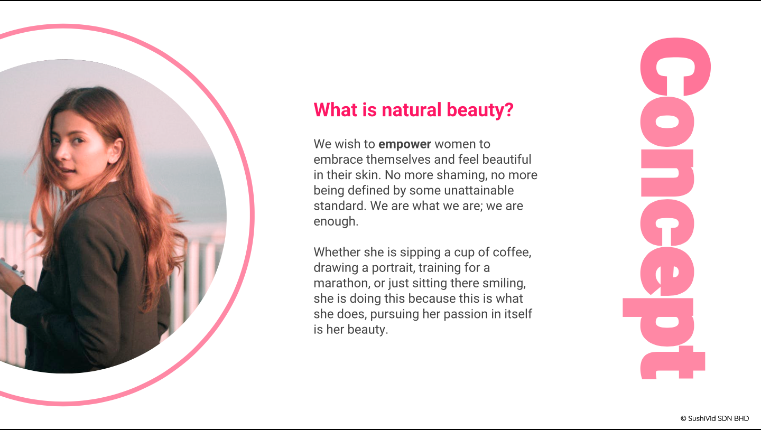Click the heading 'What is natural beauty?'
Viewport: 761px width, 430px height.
coord(413,110)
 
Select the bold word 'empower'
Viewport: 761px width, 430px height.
coord(405,144)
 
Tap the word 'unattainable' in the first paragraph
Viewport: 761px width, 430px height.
coord(479,190)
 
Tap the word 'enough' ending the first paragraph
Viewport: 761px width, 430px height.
coord(336,221)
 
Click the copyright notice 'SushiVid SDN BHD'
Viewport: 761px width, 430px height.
coord(718,418)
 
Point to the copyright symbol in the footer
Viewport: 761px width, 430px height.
coord(683,418)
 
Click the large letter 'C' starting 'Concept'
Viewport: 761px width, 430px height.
coord(675,67)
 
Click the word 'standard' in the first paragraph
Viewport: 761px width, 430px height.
coord(340,206)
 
